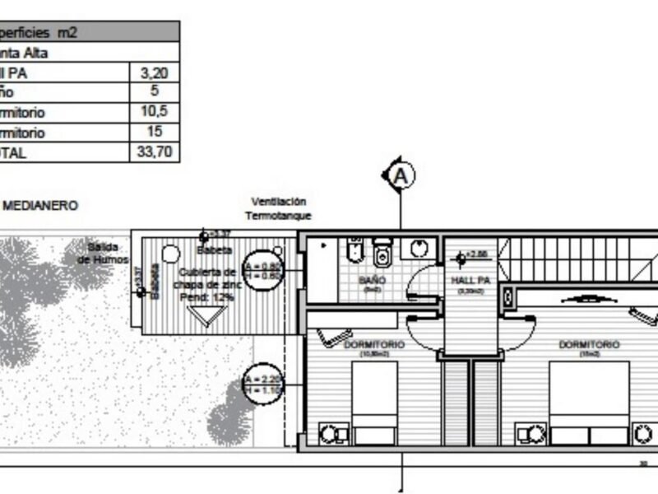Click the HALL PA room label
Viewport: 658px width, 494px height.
tap(471, 280)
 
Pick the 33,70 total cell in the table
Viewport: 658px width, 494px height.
tap(155, 151)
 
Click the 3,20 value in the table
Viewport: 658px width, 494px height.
tap(155, 72)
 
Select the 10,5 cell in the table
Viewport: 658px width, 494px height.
tap(155, 112)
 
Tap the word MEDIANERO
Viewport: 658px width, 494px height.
tap(40, 206)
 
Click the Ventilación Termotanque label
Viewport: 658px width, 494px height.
tap(278, 208)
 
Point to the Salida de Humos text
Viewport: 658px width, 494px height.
tap(103, 253)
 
